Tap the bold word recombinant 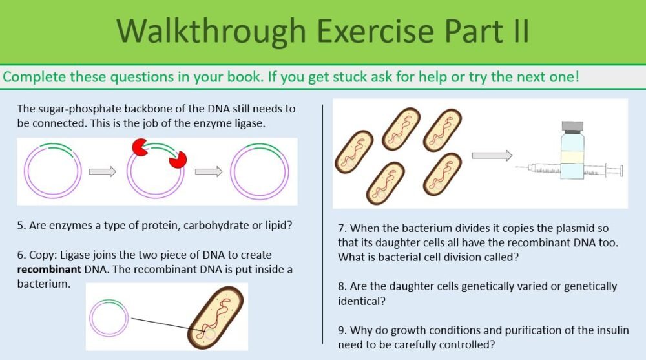pos(42,270)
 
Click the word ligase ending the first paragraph pos(249,123)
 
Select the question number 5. pos(21,226)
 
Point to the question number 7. pos(342,229)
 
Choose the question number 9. pos(342,331)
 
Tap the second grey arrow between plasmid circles pos(208,171)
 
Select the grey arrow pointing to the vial pos(492,155)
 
